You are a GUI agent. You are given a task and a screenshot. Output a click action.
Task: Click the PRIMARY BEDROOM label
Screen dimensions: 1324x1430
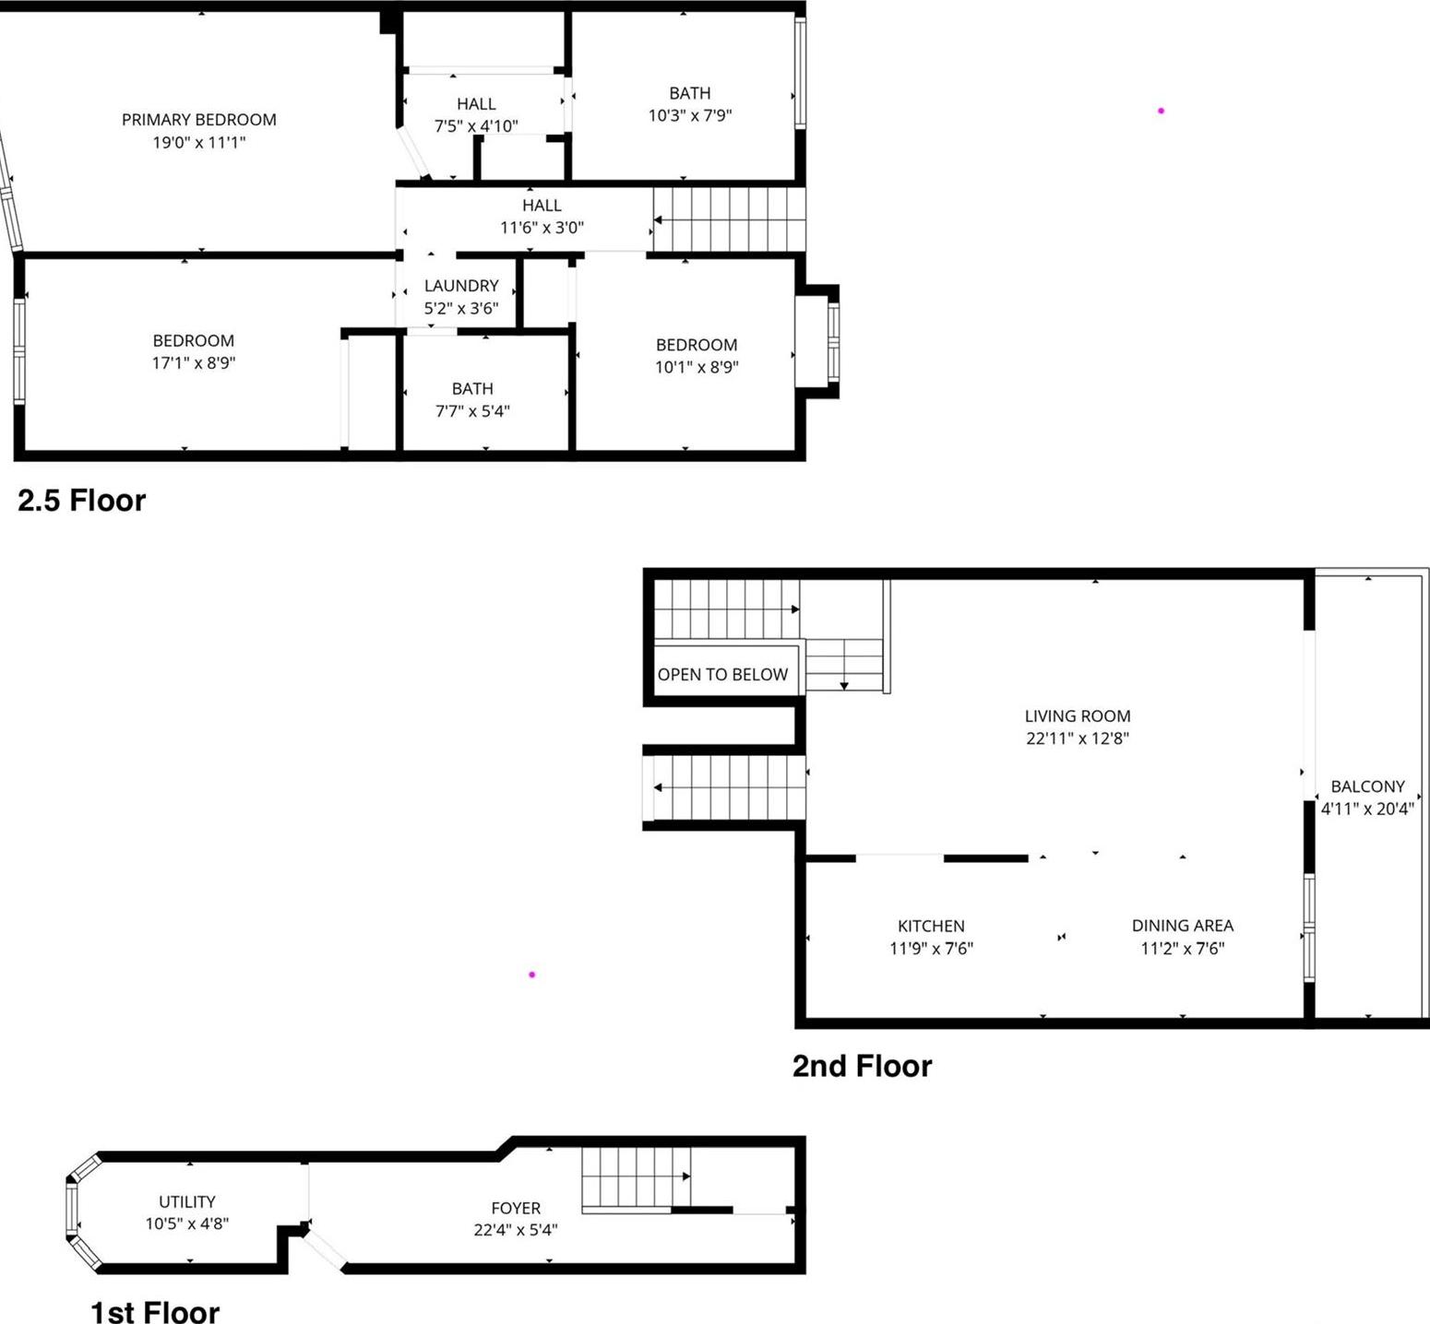tap(198, 120)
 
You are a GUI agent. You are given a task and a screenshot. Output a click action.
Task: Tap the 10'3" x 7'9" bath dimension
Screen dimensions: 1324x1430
tap(690, 115)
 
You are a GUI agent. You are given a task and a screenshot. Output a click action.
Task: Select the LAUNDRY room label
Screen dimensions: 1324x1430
tap(461, 286)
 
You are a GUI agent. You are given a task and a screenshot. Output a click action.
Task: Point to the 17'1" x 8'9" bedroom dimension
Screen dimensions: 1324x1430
tap(194, 363)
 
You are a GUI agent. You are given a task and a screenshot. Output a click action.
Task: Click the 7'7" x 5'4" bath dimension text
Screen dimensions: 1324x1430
tap(472, 411)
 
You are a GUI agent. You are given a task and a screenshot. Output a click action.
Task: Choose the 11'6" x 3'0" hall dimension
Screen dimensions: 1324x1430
tap(542, 228)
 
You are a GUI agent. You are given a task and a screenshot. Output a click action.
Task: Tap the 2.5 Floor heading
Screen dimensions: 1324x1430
tap(82, 501)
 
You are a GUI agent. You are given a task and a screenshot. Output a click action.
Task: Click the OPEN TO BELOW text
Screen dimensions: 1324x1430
tap(722, 675)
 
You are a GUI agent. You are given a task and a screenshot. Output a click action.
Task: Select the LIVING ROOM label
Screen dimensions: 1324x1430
tap(1077, 716)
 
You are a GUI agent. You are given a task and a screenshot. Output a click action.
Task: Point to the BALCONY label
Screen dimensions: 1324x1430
tap(1367, 786)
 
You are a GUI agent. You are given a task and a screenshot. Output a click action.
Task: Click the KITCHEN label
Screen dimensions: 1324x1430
tap(931, 926)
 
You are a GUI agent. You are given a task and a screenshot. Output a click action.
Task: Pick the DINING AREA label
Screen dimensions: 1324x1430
tap(1182, 926)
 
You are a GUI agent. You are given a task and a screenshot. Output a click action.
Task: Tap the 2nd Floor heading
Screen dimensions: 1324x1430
tap(862, 1066)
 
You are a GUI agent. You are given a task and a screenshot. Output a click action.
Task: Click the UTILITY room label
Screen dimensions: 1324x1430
tap(187, 1201)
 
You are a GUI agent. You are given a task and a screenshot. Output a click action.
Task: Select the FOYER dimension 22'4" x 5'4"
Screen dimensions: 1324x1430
tap(516, 1230)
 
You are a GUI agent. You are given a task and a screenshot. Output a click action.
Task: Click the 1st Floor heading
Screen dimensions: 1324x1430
tap(155, 1311)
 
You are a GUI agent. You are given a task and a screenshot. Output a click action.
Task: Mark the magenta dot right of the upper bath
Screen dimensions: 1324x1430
tap(1161, 111)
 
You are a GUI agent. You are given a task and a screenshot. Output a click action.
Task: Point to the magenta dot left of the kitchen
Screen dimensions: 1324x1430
tap(531, 975)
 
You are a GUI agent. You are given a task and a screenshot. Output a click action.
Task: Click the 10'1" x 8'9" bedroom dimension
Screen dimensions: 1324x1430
tap(697, 367)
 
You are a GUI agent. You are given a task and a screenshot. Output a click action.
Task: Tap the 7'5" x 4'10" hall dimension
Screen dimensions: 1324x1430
tap(476, 126)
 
